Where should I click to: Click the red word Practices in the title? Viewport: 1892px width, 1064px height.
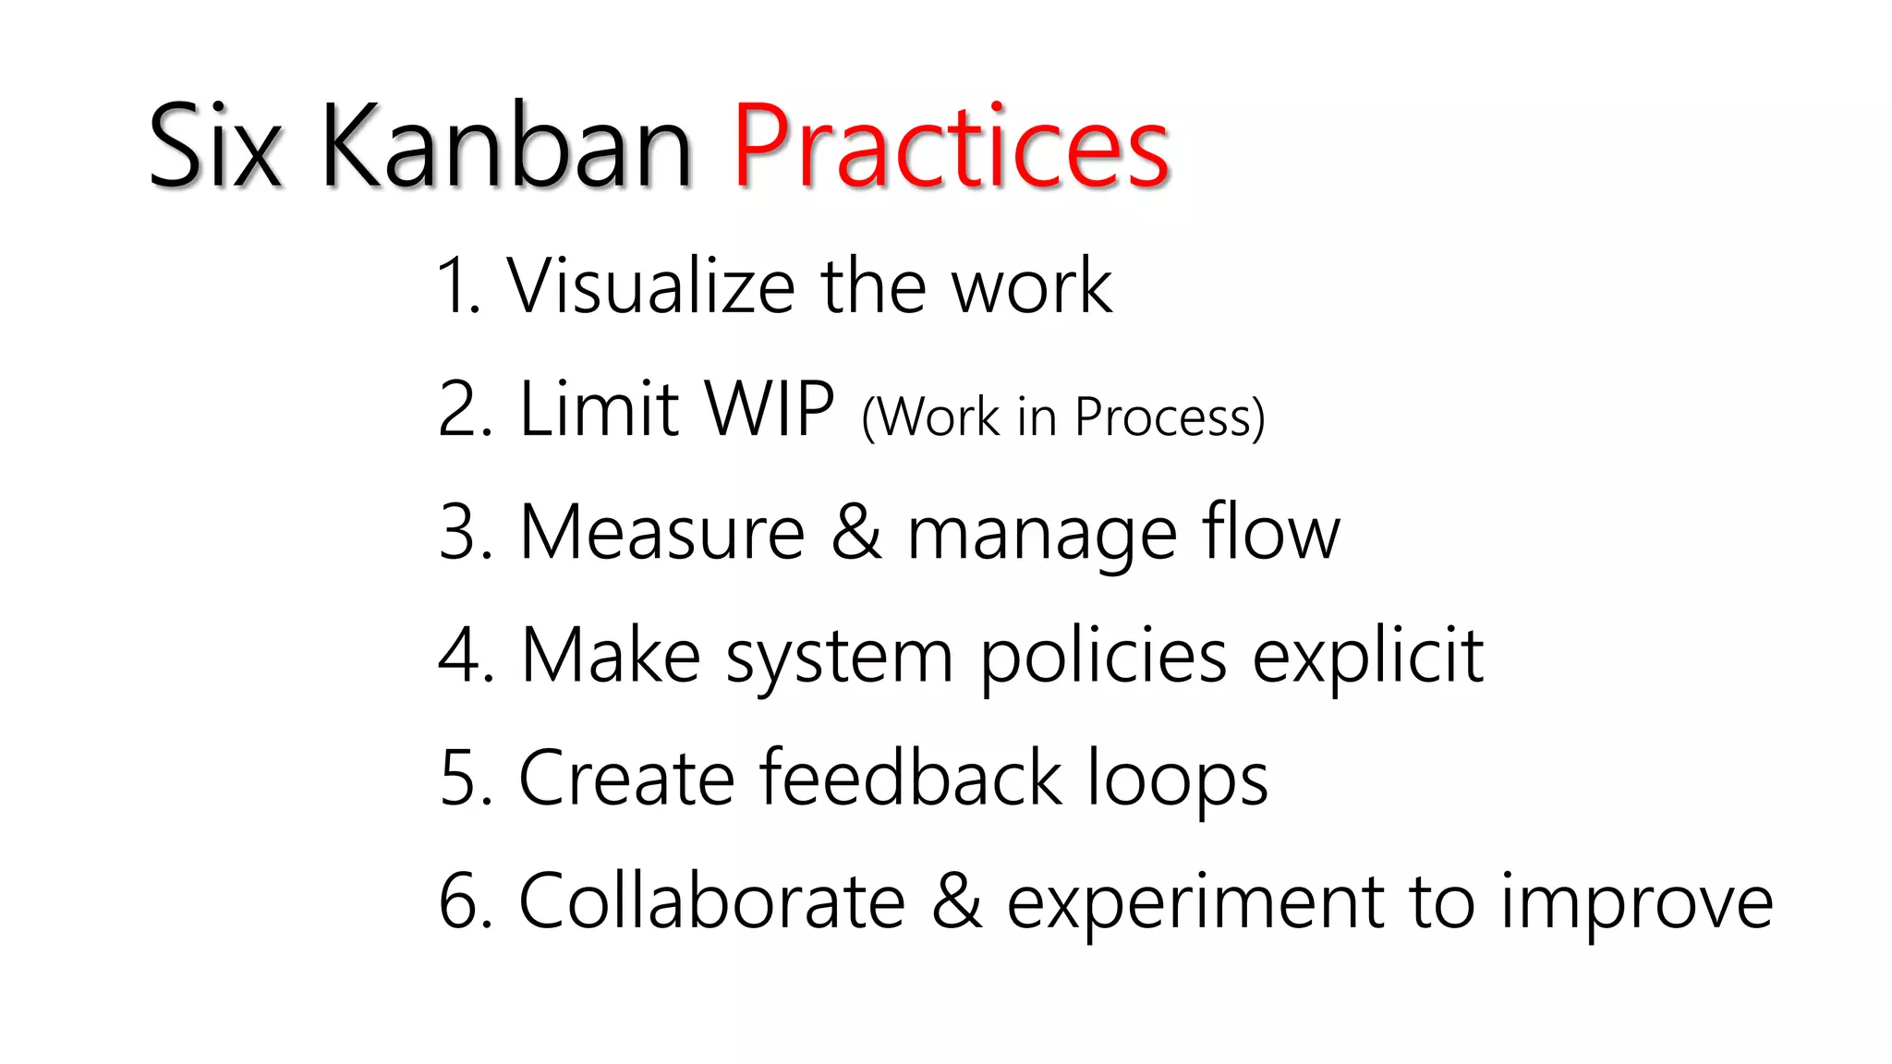tap(952, 148)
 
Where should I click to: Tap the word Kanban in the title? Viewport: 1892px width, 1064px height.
tap(506, 148)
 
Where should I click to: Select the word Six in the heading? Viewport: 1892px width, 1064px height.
tap(214, 148)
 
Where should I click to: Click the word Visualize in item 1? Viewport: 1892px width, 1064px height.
tap(650, 286)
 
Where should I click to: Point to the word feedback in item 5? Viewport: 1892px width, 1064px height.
tap(911, 779)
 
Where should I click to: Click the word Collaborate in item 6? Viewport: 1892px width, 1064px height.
tap(711, 901)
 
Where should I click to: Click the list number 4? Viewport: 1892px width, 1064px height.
tap(459, 656)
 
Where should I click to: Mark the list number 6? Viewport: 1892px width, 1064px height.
tap(459, 901)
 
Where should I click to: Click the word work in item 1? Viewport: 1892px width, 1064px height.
tap(1032, 286)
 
